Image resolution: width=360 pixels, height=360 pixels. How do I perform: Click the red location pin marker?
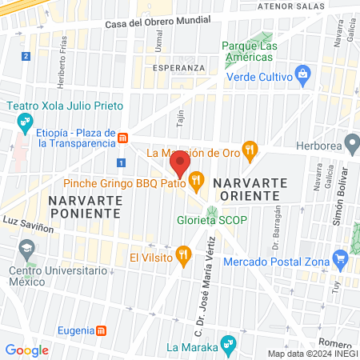[180, 166]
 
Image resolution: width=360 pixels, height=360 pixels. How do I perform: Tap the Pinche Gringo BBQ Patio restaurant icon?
[197, 178]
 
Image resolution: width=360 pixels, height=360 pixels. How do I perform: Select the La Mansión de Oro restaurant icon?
[250, 148]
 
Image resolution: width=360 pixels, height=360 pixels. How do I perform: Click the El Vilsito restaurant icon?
[184, 256]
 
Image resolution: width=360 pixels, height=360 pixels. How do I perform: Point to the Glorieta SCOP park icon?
[212, 213]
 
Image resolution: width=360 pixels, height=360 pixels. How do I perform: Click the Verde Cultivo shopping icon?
[302, 76]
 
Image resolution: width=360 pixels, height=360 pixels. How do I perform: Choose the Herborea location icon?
[350, 143]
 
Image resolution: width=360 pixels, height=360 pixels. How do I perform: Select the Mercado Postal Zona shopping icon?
[342, 258]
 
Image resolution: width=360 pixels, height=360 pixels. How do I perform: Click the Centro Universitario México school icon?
[28, 250]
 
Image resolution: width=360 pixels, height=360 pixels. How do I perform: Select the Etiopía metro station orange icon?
[122, 138]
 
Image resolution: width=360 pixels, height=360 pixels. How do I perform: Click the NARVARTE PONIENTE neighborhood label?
[83, 206]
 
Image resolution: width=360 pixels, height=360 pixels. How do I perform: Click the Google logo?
[26, 350]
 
